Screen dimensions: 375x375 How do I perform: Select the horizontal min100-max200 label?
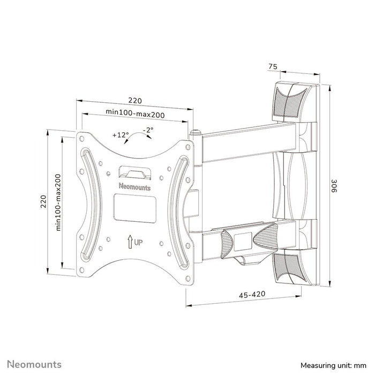pos(134,113)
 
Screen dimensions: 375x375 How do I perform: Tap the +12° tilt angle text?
pos(121,135)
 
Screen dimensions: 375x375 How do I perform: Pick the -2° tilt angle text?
pos(148,130)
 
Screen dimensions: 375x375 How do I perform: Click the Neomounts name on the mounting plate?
pos(134,186)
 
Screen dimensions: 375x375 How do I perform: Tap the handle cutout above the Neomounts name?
pos(134,172)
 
